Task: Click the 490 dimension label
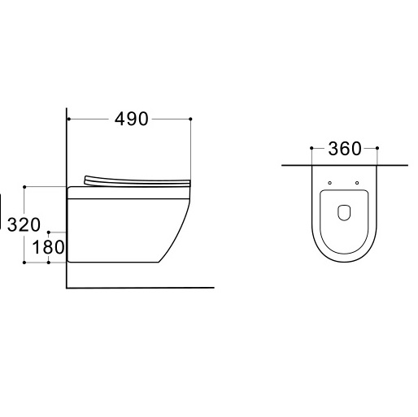pos(132,119)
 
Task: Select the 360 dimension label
pos(345,149)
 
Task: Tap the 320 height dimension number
pos(24,224)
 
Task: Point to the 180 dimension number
pos(48,247)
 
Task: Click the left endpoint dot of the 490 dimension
pos(69,119)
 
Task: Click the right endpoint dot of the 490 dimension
pos(190,119)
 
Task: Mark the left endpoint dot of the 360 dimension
pos(311,148)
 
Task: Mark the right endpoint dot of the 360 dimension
pos(377,148)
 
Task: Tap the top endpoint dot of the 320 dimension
pos(24,187)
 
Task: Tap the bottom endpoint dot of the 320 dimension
pos(24,263)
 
